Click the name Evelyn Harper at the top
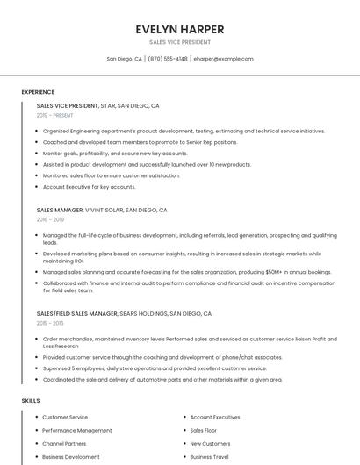click(179, 28)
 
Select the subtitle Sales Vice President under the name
click(179, 42)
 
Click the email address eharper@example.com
click(223, 59)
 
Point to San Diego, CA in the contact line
click(124, 59)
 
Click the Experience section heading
click(38, 92)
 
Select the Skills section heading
click(31, 401)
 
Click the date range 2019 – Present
click(55, 115)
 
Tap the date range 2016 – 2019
click(51, 220)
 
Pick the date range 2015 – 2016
click(51, 323)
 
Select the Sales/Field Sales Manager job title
click(77, 313)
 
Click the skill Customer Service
click(65, 417)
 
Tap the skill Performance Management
click(77, 431)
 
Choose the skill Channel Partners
click(65, 444)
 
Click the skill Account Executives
click(215, 417)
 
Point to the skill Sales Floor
click(204, 431)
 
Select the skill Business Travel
click(210, 457)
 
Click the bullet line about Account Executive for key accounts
click(90, 187)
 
